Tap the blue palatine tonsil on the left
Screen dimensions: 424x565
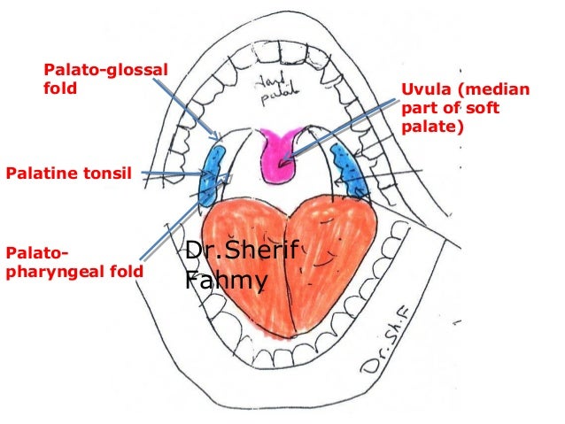[x=213, y=173]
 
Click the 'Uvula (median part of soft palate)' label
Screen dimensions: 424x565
[x=465, y=109]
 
